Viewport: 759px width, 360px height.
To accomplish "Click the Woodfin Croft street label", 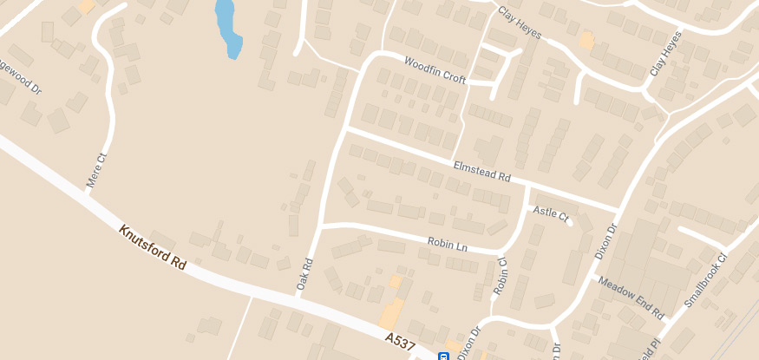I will pos(435,70).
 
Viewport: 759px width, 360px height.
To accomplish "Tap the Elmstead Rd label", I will pos(481,170).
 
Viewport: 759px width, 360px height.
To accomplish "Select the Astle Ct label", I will pos(550,211).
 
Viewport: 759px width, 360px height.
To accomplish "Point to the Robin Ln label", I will pos(448,245).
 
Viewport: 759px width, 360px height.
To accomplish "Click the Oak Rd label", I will pos(304,272).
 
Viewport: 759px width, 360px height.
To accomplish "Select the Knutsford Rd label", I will pos(153,247).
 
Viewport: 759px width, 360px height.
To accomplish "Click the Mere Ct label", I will pos(96,170).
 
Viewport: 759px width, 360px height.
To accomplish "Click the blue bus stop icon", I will pos(442,356).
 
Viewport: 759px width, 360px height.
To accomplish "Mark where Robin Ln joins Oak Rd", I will pos(321,226).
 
